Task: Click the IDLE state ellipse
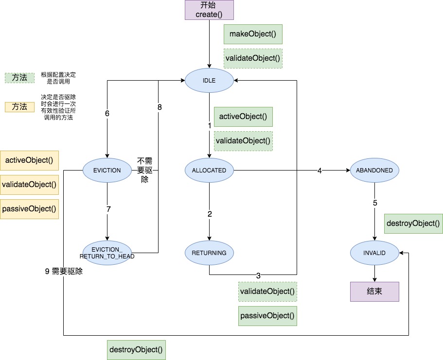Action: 209,81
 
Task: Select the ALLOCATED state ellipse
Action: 209,170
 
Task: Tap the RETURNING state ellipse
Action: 209,253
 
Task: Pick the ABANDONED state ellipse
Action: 374,170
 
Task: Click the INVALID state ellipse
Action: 374,253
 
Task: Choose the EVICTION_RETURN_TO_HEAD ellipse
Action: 107,253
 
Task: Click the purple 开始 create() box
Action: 209,10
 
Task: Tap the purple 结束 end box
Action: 374,291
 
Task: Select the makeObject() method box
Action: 253,34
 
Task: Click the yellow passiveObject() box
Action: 29,209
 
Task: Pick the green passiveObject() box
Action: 267,316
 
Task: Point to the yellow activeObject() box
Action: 29,160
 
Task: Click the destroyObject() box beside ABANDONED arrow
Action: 413,223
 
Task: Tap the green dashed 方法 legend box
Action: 19,78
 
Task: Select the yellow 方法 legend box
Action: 19,107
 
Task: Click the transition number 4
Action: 319,171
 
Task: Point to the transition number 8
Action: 159,107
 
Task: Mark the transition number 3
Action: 258,276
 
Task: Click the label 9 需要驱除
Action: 64,272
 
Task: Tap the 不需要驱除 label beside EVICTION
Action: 144,170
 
